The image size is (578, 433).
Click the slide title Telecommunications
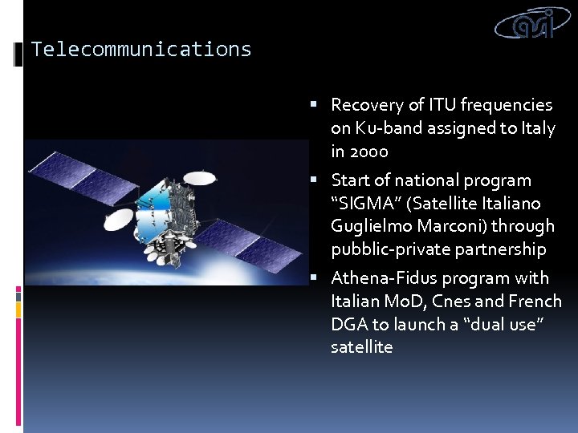coord(141,50)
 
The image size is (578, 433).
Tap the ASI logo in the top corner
coord(535,24)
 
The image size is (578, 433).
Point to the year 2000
coord(369,152)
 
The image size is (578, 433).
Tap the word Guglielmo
coord(370,227)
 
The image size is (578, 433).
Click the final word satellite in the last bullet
coord(361,347)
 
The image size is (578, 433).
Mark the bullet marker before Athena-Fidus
coord(314,279)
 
